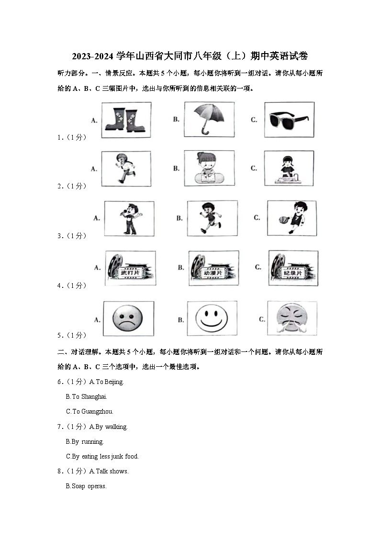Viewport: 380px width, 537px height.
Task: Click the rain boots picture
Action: click(122, 120)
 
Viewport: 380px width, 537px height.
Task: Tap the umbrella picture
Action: click(209, 118)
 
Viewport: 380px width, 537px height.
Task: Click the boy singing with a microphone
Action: click(129, 219)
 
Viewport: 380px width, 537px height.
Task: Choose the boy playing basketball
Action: click(291, 218)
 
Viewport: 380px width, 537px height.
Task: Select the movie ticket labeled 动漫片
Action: click(213, 268)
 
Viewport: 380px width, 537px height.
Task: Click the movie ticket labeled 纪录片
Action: click(292, 268)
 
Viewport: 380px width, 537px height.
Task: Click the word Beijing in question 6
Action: click(114, 382)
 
